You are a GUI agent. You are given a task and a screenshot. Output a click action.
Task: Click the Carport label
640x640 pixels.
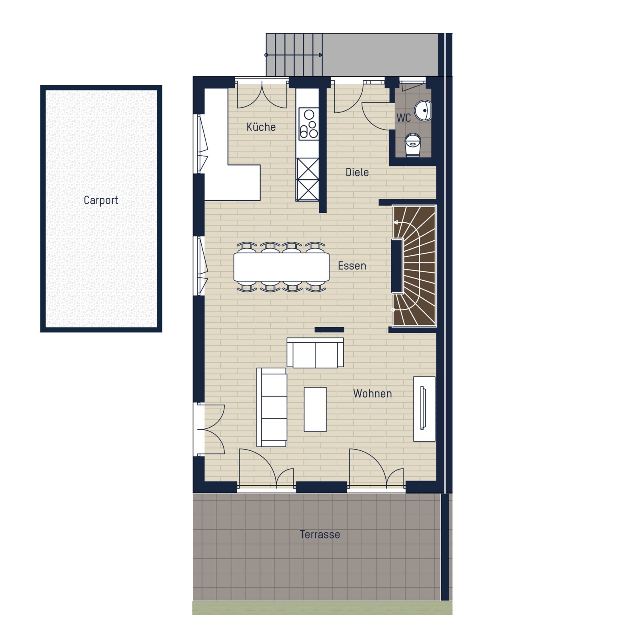tap(101, 200)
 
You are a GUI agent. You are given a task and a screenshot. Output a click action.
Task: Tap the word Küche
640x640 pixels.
tap(261, 127)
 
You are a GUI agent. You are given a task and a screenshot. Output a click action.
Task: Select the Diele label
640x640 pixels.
tap(357, 172)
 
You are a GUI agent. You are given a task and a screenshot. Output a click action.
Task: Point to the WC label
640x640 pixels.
tap(404, 118)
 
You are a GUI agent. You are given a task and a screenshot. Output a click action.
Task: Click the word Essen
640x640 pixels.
tap(352, 266)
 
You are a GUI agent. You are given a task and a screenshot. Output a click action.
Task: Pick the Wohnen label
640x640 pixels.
tap(372, 394)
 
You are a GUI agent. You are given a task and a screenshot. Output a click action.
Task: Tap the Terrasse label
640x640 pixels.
tap(320, 534)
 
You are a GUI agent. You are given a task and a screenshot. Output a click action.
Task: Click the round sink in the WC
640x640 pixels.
tap(423, 110)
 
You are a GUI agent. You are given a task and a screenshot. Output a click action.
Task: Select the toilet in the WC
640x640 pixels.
tap(413, 145)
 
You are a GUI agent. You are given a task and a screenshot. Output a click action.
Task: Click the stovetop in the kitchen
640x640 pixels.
tap(309, 124)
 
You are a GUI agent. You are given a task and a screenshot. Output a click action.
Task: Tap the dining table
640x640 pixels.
tap(282, 267)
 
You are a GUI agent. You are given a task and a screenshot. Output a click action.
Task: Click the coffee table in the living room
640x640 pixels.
tap(315, 409)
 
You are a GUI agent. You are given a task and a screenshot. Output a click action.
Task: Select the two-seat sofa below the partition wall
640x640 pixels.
tap(315, 352)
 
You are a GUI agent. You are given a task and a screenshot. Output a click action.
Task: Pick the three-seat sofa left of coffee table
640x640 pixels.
tap(272, 407)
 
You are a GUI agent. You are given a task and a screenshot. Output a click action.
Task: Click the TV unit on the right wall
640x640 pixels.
tap(424, 409)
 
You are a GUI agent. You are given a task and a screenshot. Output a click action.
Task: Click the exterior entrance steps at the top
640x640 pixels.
tap(294, 55)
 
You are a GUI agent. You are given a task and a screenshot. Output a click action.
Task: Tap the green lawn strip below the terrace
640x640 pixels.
tap(322, 608)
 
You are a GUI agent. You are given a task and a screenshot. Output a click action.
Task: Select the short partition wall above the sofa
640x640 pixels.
tap(329, 330)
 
